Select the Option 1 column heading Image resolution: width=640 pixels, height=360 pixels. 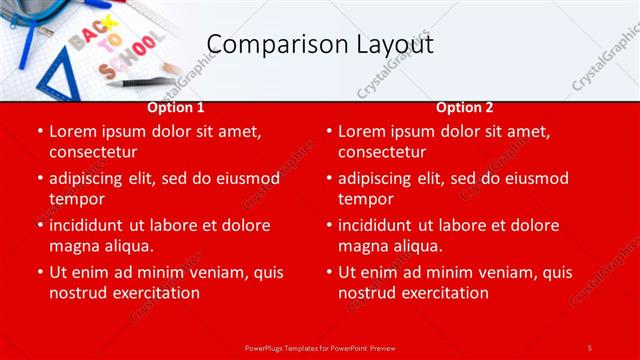coord(176,108)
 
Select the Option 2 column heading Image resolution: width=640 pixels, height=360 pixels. coord(465,108)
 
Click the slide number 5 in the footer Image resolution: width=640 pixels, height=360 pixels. coord(589,347)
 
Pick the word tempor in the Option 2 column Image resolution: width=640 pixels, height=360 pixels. coord(365,198)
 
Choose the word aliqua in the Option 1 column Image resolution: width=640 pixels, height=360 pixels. coord(127,245)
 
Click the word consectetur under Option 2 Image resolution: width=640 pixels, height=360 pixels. coord(382,152)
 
